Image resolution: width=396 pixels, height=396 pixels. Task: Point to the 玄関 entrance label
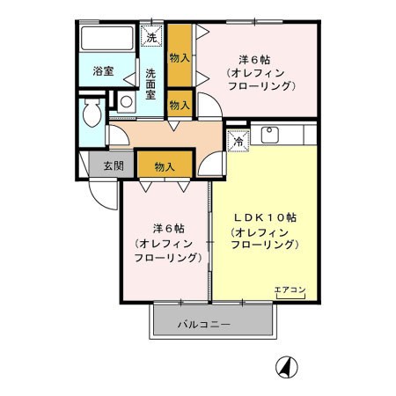click(x=112, y=165)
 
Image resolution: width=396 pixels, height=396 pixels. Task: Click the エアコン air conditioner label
click(x=290, y=290)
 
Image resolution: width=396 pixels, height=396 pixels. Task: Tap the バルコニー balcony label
click(x=203, y=324)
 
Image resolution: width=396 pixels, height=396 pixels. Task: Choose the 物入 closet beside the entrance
click(x=163, y=165)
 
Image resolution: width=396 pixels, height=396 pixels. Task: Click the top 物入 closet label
click(x=179, y=57)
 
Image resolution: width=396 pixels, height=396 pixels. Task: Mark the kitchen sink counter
click(x=280, y=136)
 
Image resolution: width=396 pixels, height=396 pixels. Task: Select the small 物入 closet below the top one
click(x=179, y=105)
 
